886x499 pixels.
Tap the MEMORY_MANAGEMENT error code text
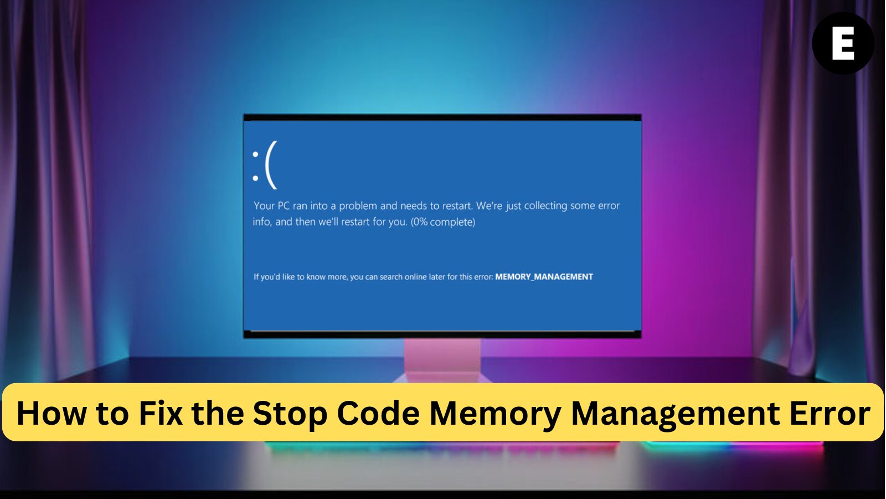pos(544,277)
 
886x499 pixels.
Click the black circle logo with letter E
pos(843,43)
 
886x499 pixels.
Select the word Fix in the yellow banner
pos(161,413)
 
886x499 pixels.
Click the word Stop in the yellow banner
pos(290,413)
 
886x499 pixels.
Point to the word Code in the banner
pos(378,413)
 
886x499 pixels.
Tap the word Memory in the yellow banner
pos(496,413)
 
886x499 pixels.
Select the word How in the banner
pos(51,413)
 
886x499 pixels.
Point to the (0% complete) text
pos(443,222)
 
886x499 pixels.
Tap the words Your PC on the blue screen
pos(272,206)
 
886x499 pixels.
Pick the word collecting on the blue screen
pos(546,206)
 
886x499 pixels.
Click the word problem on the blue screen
pos(358,206)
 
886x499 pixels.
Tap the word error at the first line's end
pos(609,206)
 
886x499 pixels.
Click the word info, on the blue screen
pos(262,222)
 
